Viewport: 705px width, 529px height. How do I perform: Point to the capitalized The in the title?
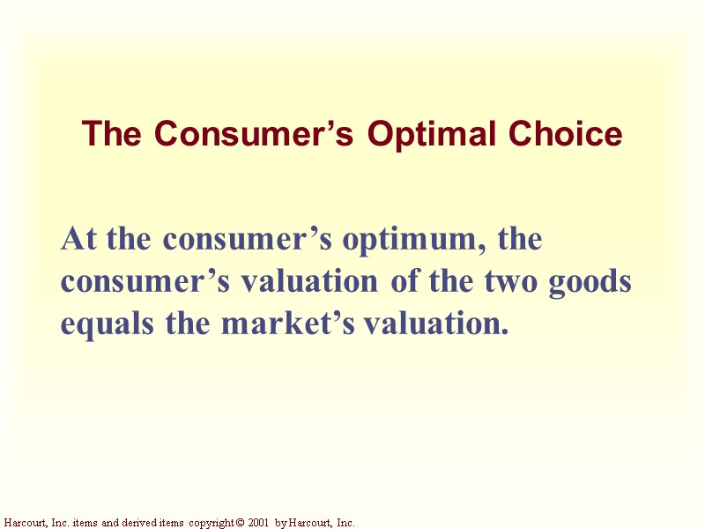tap(113, 135)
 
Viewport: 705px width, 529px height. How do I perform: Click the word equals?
tap(100, 324)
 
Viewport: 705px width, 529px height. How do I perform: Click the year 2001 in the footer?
tap(256, 523)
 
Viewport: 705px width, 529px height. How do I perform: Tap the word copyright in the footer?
tap(210, 523)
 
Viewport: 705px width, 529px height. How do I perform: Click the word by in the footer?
tap(280, 523)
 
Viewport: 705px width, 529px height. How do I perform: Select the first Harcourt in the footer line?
tap(23, 523)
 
